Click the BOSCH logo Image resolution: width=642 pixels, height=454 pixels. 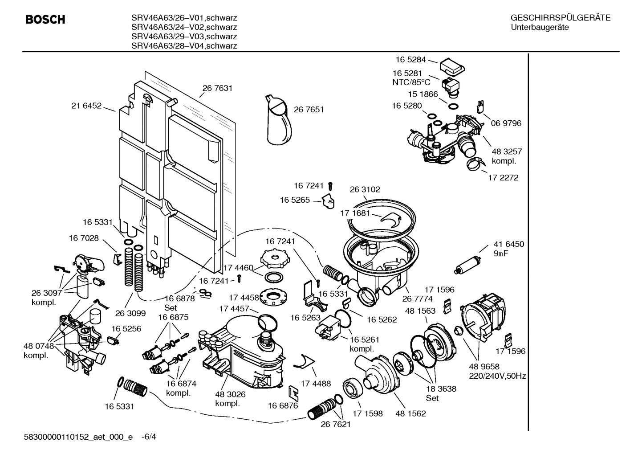[45, 20]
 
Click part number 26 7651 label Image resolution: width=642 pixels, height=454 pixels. [309, 110]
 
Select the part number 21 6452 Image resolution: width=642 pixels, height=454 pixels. [86, 106]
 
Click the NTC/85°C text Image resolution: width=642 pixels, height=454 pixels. [411, 82]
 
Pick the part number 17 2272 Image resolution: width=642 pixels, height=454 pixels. [503, 177]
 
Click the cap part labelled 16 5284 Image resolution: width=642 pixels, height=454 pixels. [452, 66]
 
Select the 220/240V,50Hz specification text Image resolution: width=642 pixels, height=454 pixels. [497, 376]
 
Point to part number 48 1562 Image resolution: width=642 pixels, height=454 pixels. [410, 413]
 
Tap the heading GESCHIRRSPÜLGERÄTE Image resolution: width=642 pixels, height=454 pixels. [560, 18]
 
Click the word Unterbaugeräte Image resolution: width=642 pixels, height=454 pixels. [539, 28]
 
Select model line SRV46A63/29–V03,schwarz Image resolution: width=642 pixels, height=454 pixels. [184, 37]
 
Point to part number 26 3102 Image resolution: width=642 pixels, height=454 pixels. [365, 189]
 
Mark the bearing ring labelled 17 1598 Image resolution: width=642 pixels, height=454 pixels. [354, 388]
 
